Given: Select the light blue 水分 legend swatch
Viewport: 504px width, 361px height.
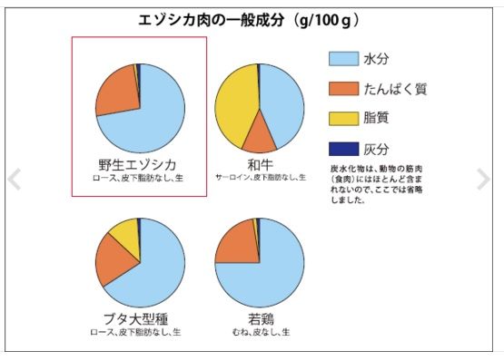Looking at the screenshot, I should point(342,59).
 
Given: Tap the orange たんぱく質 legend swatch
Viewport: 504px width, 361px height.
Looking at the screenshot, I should point(342,88).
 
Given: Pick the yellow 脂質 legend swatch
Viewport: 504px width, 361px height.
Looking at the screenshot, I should point(342,118).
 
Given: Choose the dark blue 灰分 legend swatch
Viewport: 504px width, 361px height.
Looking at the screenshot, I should point(342,148).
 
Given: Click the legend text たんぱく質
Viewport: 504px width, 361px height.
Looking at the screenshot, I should point(395,88).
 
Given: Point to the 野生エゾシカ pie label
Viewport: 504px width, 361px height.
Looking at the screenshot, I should point(138,164).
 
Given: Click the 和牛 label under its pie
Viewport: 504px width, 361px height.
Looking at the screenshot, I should point(260,164).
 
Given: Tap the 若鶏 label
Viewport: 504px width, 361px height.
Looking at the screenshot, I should point(260,317).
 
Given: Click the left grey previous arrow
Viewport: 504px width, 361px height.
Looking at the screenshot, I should point(14,179).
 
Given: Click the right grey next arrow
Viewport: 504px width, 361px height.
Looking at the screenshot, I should point(484,179).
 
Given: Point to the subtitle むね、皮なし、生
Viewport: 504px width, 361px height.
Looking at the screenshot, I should point(260,332).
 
